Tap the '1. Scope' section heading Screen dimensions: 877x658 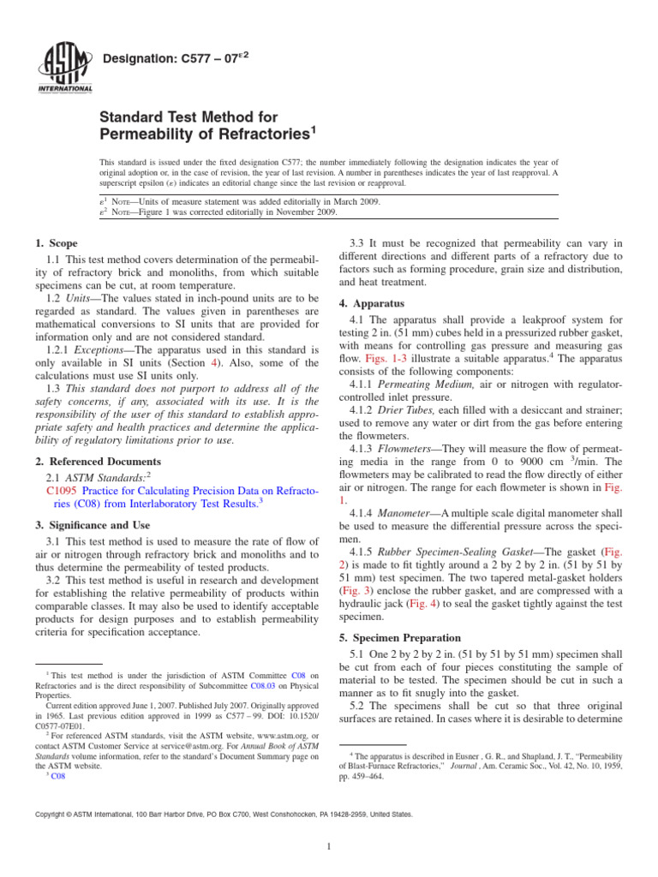coord(57,243)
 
